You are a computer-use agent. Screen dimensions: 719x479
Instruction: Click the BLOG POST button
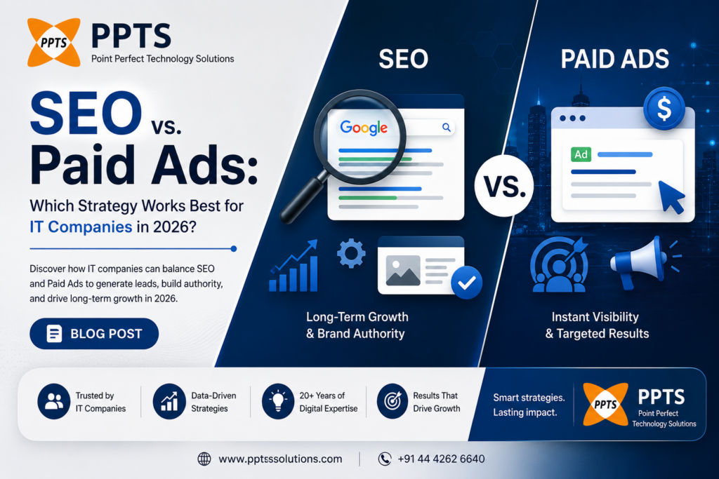pos(94,333)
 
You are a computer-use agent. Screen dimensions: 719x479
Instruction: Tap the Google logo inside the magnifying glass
pos(364,128)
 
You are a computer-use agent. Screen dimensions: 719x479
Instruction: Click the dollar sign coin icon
pos(664,109)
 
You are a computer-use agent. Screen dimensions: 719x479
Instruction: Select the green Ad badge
pos(581,154)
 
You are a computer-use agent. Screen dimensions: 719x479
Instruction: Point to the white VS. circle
pos(504,185)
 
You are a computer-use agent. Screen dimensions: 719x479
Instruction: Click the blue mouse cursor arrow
pos(671,196)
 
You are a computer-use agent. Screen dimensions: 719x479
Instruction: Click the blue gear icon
pos(351,253)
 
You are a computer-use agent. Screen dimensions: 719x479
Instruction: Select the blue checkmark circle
pos(466,283)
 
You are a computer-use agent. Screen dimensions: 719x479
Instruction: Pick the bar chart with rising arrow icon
pos(293,266)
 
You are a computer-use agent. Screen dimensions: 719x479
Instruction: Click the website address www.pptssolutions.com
pos(280,459)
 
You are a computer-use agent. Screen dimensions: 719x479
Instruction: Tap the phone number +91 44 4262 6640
pos(441,459)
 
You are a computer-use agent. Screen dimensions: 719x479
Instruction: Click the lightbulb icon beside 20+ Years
pos(278,401)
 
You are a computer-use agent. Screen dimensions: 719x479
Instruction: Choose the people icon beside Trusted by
pos(54,401)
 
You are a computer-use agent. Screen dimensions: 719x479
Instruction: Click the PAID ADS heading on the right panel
pos(615,59)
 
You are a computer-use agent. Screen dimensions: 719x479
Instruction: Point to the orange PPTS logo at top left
pos(53,42)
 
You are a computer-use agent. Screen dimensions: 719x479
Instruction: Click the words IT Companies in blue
pos(81,227)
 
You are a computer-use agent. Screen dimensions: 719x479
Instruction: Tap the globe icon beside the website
pos(204,459)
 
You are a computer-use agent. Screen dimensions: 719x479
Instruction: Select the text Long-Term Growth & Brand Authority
pos(357,325)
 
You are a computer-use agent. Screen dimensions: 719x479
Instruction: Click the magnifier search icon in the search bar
pos(446,128)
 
